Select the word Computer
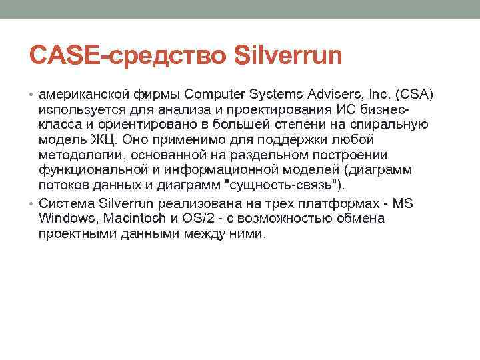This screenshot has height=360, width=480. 213,93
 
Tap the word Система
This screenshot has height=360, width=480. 67,204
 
